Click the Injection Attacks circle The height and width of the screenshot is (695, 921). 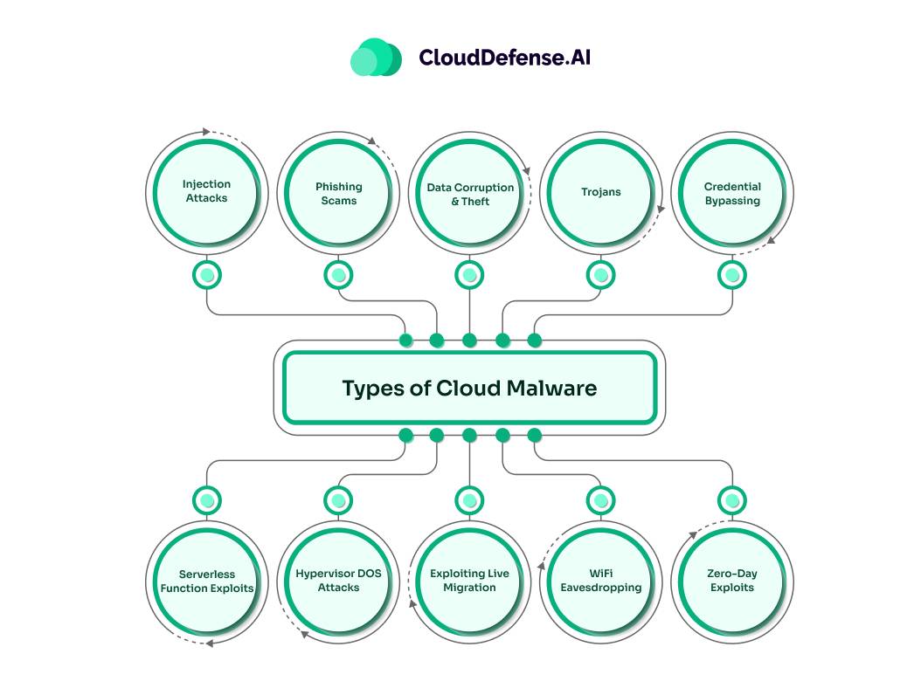[x=206, y=191]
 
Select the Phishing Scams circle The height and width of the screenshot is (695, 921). [x=338, y=193]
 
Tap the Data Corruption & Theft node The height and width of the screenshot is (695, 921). [x=470, y=194]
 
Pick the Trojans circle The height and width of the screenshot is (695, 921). [x=600, y=192]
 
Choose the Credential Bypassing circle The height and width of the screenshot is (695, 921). [x=732, y=193]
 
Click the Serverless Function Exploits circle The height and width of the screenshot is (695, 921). [x=207, y=581]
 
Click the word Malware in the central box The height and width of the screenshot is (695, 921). [x=552, y=389]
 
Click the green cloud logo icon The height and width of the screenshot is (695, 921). [x=376, y=57]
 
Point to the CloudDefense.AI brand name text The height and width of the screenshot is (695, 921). [x=504, y=58]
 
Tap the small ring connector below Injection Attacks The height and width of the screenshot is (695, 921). [x=207, y=275]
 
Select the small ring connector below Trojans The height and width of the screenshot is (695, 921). [x=600, y=275]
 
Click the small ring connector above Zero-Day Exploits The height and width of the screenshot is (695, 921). [x=732, y=500]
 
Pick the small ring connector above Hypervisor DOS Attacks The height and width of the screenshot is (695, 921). [x=338, y=500]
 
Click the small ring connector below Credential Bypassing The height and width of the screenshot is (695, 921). [x=732, y=275]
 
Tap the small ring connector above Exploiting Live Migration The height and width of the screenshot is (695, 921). [x=470, y=500]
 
